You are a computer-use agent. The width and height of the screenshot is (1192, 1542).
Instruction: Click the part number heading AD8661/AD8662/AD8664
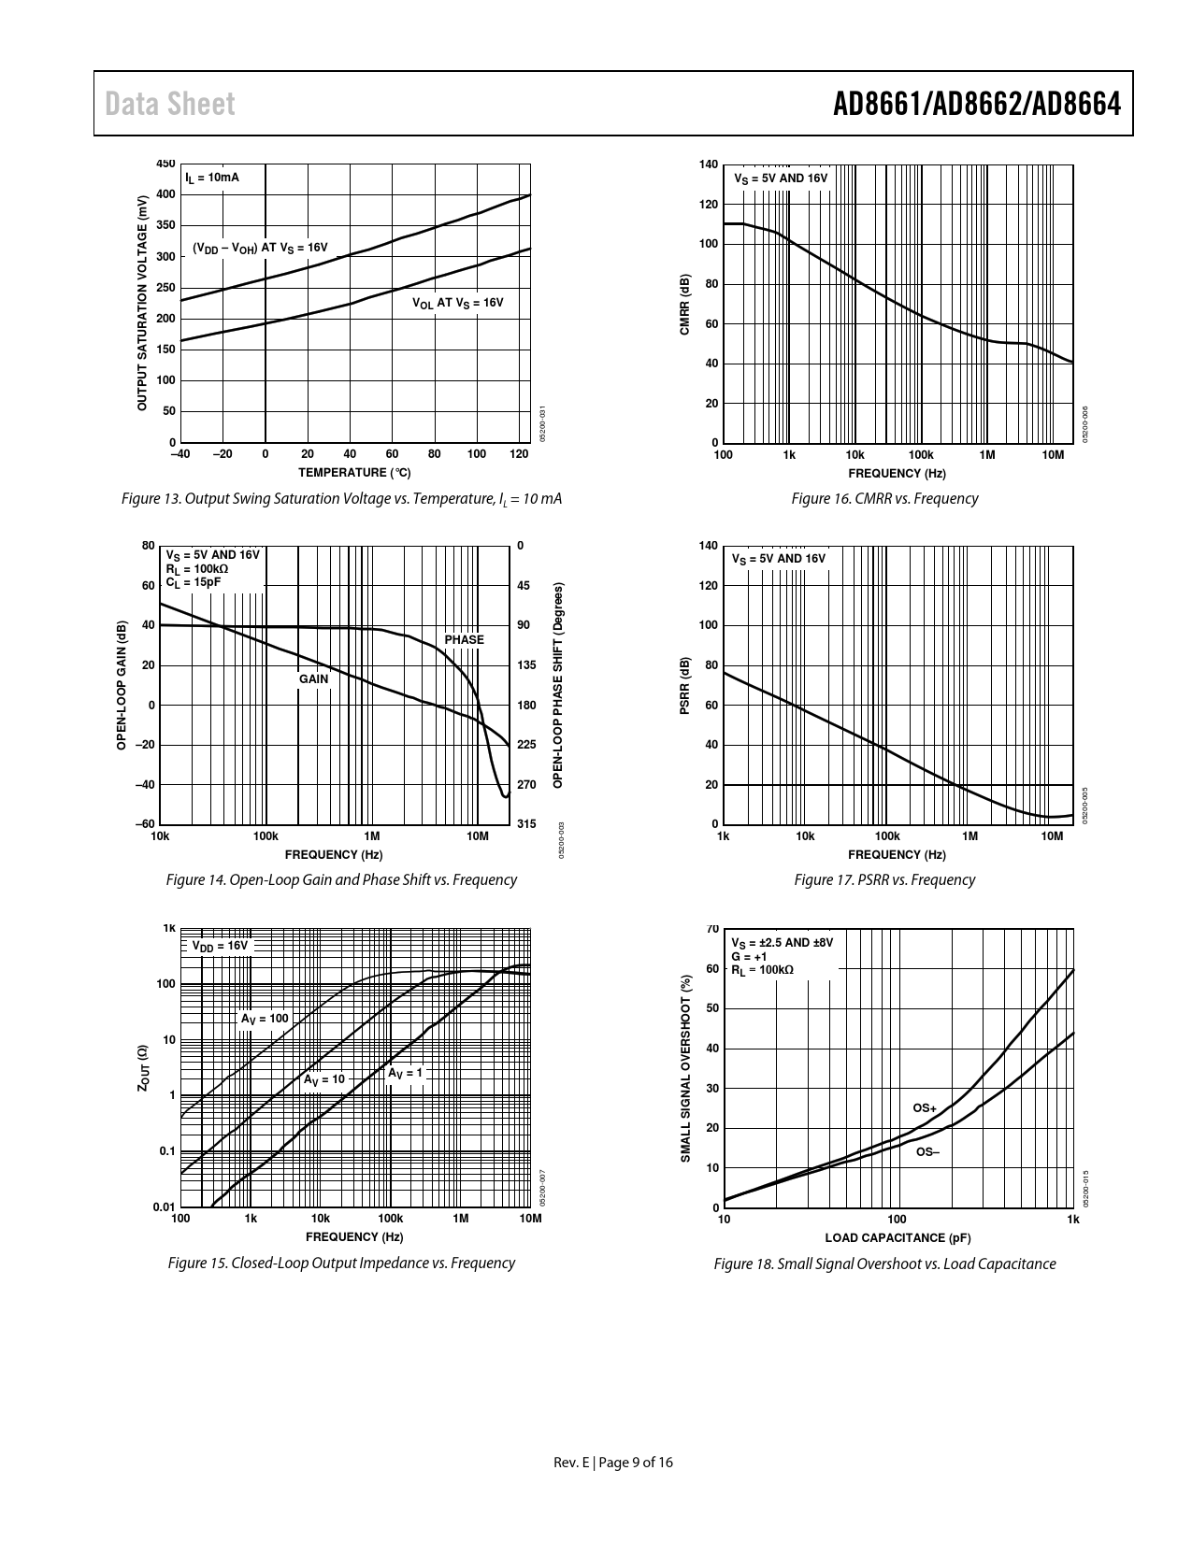click(976, 104)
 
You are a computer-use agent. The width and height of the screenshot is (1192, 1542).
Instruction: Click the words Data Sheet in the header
click(170, 104)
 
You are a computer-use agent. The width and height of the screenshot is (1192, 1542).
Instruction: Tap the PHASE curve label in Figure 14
click(464, 640)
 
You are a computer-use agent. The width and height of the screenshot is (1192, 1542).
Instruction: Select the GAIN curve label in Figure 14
click(313, 679)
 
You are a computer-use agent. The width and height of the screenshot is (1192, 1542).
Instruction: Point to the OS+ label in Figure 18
click(925, 1108)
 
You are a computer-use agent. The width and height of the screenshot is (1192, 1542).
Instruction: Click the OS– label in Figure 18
click(926, 1152)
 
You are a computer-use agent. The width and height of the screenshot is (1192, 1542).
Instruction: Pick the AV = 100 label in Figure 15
click(265, 1019)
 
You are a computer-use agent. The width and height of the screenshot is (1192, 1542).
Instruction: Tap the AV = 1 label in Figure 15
click(406, 1073)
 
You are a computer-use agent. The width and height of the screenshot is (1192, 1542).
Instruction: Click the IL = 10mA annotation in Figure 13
click(211, 178)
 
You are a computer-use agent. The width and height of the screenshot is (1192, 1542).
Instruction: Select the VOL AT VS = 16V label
click(458, 303)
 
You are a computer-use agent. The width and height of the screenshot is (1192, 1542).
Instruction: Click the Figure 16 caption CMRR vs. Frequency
click(884, 499)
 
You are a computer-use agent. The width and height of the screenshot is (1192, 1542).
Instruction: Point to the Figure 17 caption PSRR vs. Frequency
click(883, 880)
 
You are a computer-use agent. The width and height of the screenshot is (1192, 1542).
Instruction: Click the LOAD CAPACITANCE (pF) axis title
click(898, 1238)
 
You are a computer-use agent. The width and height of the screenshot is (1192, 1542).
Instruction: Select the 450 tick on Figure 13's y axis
click(165, 164)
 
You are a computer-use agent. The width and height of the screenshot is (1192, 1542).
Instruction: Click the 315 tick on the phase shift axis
click(526, 824)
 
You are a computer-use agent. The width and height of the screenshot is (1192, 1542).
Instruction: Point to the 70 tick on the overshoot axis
click(712, 930)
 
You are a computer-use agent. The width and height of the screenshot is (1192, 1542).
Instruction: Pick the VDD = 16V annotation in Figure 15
click(221, 946)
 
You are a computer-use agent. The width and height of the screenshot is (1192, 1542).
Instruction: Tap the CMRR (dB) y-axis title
click(684, 305)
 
